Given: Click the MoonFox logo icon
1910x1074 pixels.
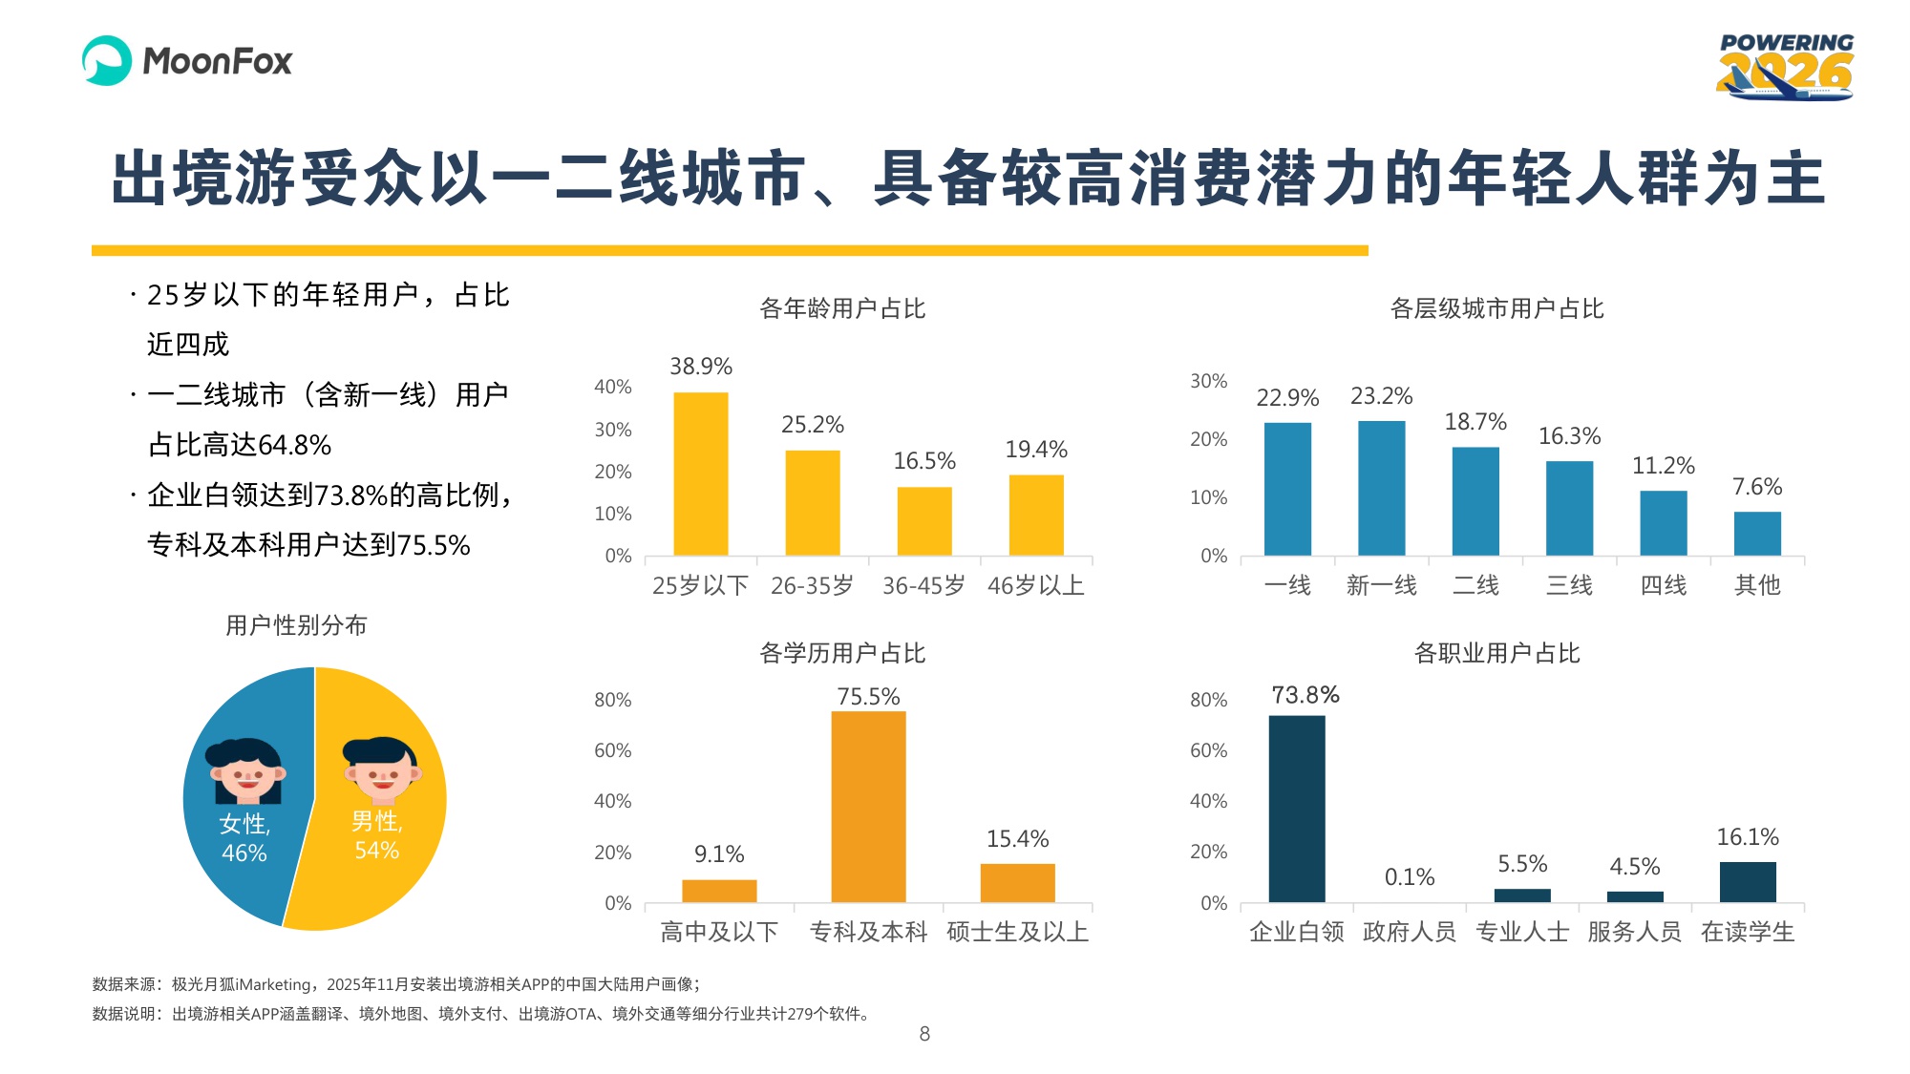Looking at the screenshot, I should (x=107, y=61).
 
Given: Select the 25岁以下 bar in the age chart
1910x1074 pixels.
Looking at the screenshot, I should (x=700, y=474).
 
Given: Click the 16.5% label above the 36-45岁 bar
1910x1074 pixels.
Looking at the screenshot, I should (x=923, y=461).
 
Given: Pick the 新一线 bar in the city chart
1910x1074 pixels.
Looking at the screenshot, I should (x=1381, y=488).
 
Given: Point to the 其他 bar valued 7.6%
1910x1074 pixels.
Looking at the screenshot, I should (x=1757, y=534).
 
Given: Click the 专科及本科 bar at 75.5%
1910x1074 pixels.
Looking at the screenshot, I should (x=868, y=807).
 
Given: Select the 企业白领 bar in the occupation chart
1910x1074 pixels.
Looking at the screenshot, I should (x=1296, y=809).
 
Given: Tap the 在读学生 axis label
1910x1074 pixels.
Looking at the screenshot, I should (x=1748, y=932).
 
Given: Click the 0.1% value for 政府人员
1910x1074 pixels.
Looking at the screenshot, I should (x=1409, y=877).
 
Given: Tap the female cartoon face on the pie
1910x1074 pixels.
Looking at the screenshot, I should (x=246, y=771).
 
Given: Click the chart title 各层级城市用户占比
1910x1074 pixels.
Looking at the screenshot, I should (x=1496, y=308).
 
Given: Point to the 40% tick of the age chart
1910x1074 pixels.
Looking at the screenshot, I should (x=612, y=387).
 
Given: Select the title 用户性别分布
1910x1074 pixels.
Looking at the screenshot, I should (x=296, y=625).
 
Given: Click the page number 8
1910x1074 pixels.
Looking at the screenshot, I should (x=923, y=1034).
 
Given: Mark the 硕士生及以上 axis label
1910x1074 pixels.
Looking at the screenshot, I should (x=1017, y=932).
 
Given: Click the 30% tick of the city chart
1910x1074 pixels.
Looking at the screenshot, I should (x=1208, y=381).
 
